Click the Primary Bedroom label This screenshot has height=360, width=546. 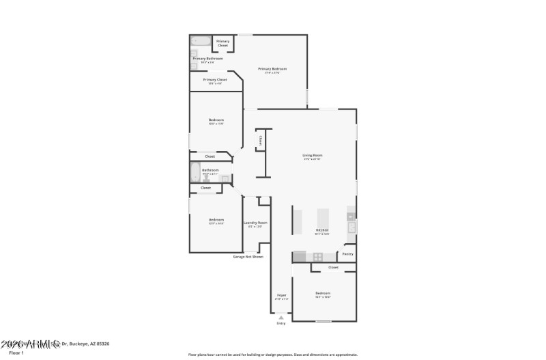click(x=272, y=69)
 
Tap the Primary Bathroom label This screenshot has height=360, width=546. click(x=207, y=59)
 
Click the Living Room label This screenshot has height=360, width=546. click(x=312, y=156)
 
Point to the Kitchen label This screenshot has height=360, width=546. click(x=321, y=230)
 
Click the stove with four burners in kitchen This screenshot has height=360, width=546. click(x=317, y=257)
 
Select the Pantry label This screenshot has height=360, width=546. click(x=347, y=254)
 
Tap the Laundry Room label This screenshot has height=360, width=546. click(x=255, y=223)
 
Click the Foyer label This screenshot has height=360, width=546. click(x=281, y=295)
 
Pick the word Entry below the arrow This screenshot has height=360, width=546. click(x=281, y=323)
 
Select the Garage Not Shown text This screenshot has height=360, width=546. click(x=248, y=257)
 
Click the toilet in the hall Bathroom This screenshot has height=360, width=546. click(x=206, y=179)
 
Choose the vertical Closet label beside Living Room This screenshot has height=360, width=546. click(x=259, y=141)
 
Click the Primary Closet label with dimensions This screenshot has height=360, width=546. click(x=215, y=80)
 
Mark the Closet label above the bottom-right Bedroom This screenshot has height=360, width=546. click(x=333, y=267)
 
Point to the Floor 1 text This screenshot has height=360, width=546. click(x=7, y=352)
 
